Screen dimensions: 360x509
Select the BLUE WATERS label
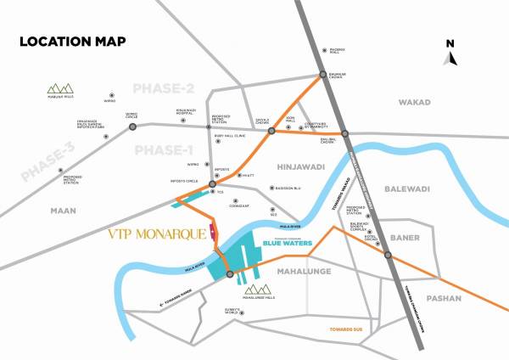click(288, 243)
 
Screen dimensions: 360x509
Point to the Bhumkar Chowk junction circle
click(323, 76)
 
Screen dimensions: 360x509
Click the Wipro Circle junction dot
click(132, 127)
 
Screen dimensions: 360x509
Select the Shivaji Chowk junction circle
click(271, 132)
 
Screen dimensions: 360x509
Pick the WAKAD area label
click(416, 102)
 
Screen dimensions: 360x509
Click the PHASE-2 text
click(164, 88)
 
